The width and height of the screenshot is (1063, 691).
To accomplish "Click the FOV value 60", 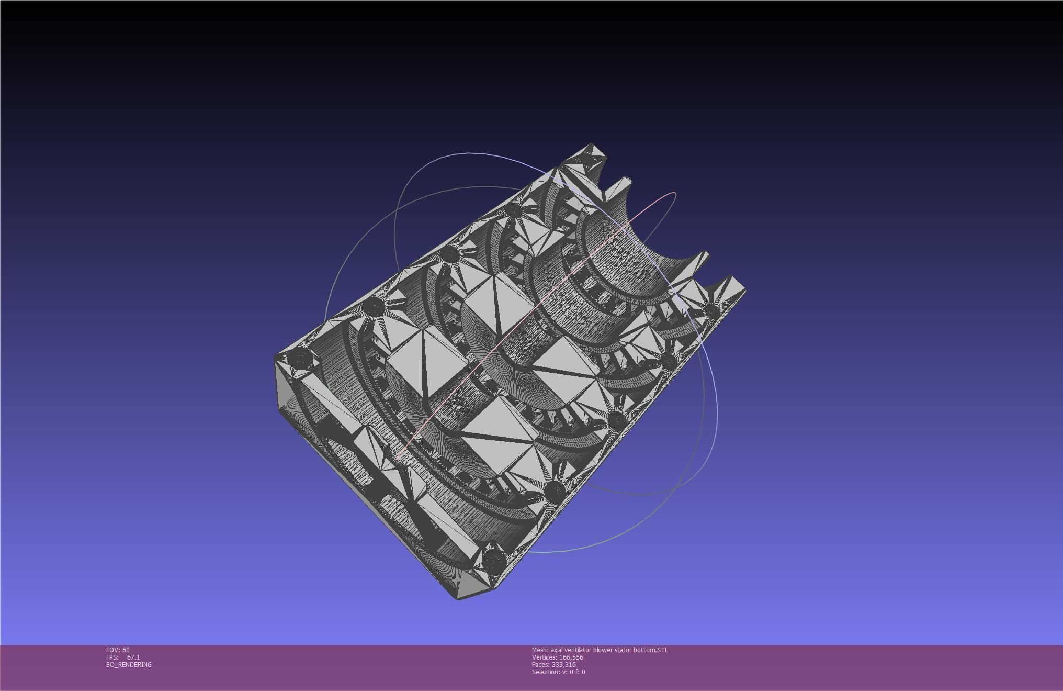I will click(x=126, y=650).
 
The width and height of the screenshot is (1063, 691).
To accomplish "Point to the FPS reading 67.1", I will click(x=133, y=657).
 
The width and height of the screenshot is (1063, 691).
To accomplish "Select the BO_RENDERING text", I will click(x=129, y=665).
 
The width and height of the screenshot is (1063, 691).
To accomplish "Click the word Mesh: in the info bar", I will click(x=540, y=650).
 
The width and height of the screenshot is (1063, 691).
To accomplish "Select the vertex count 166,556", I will click(x=571, y=657).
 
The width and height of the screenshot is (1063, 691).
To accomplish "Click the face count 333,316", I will click(x=563, y=665).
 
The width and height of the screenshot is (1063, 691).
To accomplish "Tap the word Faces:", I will click(x=541, y=665).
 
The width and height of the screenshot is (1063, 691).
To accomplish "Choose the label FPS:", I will click(x=112, y=657).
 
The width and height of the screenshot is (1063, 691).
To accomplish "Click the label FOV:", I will click(x=113, y=650).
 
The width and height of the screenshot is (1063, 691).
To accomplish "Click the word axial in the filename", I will click(x=557, y=650).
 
